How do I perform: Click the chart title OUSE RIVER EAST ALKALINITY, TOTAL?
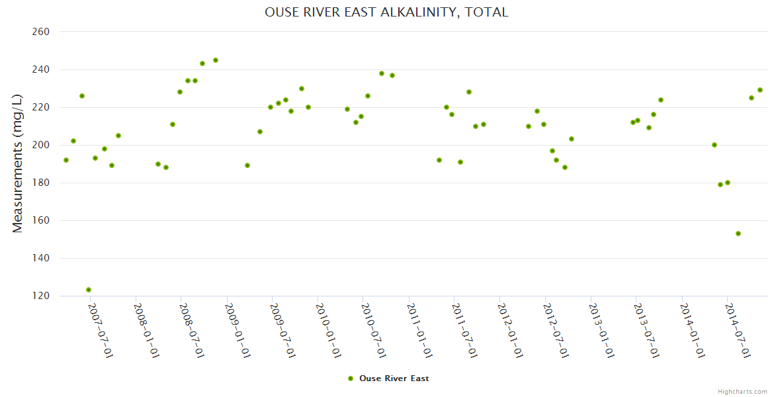386,12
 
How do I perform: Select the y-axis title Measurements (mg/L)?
18,163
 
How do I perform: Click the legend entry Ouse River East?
394,378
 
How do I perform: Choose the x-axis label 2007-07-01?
101,331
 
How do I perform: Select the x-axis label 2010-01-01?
328,331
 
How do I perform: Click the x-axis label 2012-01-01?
510,331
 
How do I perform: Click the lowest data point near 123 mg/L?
89,290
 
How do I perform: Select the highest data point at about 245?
216,60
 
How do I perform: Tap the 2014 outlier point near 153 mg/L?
738,234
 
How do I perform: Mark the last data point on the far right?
760,90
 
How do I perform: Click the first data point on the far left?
66,160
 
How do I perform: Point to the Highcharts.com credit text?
742,391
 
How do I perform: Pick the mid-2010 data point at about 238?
382,73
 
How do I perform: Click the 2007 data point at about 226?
82,96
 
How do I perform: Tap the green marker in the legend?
351,378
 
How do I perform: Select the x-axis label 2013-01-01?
601,331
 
